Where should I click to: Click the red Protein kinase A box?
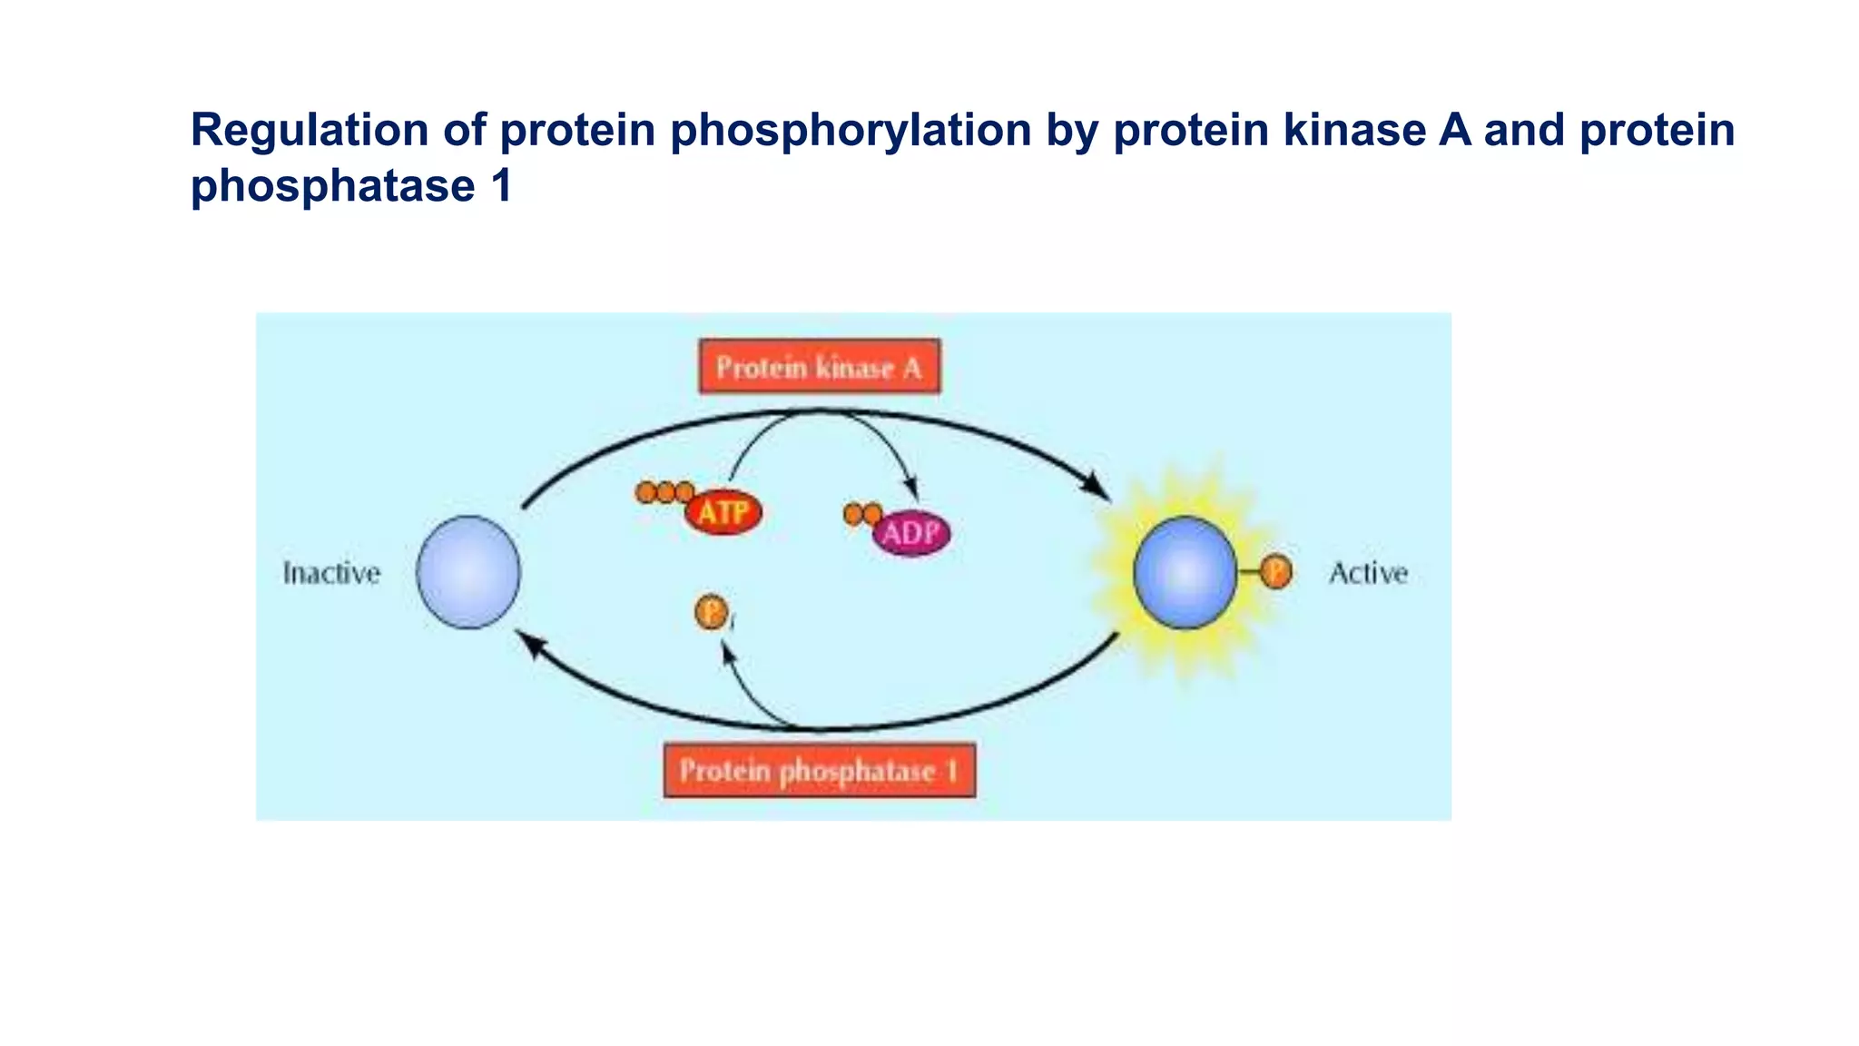coord(819,367)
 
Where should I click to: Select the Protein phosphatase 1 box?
coord(819,771)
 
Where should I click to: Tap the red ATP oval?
coord(723,514)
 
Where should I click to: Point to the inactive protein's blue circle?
coord(468,572)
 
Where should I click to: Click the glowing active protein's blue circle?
coord(1185,573)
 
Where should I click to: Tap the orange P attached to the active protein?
coord(1276,572)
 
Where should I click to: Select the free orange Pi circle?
coord(711,612)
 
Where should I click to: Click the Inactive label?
coord(331,574)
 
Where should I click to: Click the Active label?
coord(1368,574)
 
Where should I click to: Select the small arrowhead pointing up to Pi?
coord(726,652)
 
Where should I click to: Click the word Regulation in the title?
coord(309,130)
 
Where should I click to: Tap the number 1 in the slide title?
coord(502,186)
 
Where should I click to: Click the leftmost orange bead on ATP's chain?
coord(646,493)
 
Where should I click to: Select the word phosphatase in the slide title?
coord(332,186)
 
